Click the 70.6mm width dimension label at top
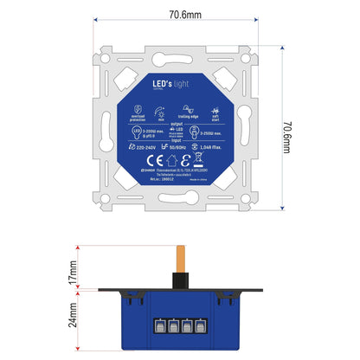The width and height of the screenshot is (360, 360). [x=179, y=14]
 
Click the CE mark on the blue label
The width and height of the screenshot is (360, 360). [x=153, y=160]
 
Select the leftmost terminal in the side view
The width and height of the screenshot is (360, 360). [x=161, y=327]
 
